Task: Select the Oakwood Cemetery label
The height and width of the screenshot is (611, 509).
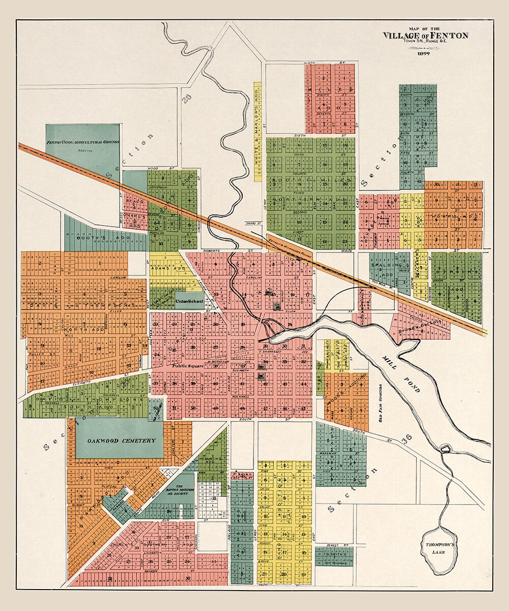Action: [120, 440]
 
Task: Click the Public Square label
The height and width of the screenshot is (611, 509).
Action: [188, 366]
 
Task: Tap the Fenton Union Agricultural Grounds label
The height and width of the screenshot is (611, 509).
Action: [82, 142]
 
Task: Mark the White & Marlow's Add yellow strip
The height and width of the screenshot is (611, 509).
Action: [258, 132]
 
